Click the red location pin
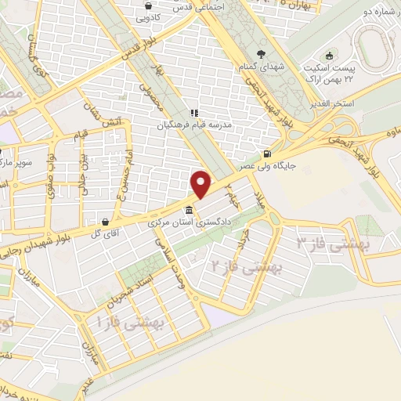201,183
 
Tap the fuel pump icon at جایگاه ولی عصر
269,154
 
